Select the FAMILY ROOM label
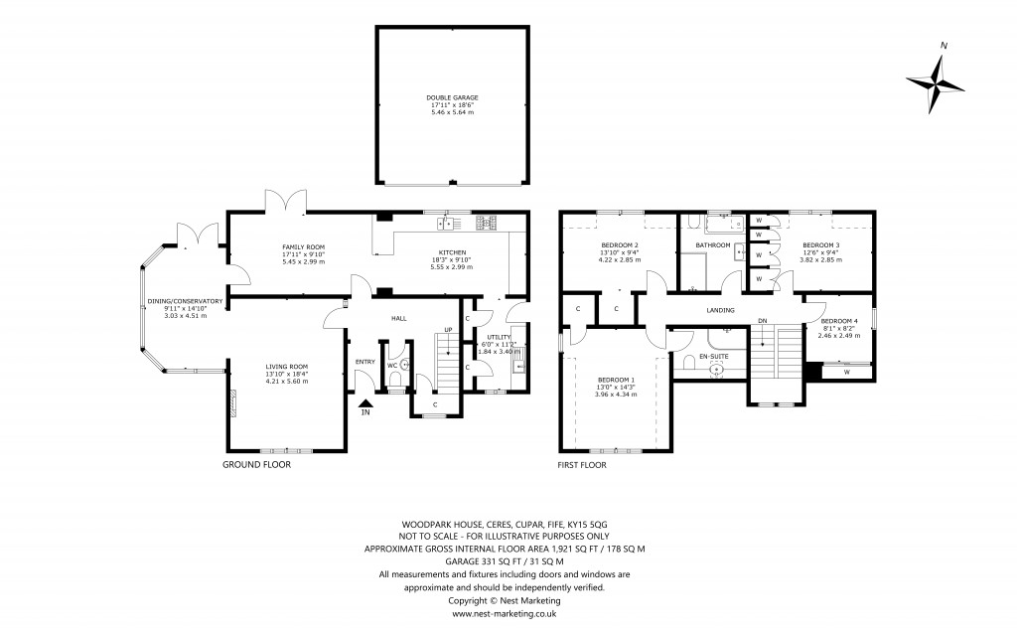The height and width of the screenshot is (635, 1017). tap(304, 247)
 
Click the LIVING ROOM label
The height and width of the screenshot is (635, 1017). tap(289, 367)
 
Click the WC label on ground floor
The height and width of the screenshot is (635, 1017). tap(391, 364)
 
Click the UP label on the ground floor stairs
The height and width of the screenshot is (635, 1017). tap(447, 329)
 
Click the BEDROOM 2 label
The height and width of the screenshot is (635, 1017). tap(620, 245)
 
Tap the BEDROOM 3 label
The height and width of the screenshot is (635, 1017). tap(821, 245)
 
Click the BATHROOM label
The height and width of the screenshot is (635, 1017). tap(712, 245)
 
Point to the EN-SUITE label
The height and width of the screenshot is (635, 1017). tap(713, 355)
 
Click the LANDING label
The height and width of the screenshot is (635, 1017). tap(720, 311)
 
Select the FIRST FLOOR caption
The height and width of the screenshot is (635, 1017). tap(582, 464)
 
